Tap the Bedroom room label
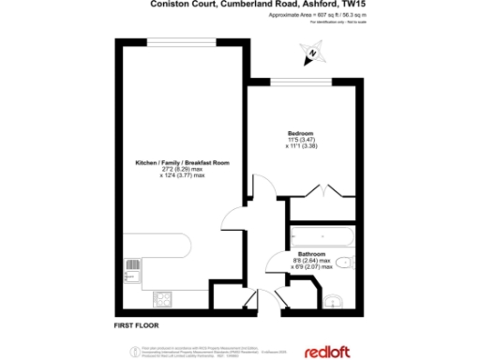(x=301, y=132)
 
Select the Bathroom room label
(x=312, y=254)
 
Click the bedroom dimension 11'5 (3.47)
(x=301, y=140)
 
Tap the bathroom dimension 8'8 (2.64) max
(x=312, y=262)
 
